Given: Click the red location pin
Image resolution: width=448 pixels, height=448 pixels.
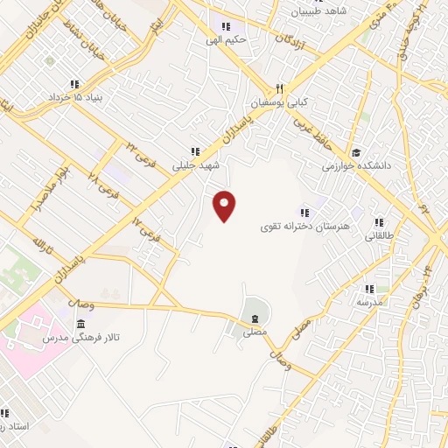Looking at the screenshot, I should click(x=226, y=205).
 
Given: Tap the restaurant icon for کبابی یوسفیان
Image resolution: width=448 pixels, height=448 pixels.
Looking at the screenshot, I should click(x=280, y=87).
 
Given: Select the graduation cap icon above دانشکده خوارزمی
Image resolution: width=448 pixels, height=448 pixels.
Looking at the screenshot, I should click(x=354, y=150).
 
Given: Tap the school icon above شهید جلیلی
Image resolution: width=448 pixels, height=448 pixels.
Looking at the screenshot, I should click(x=195, y=151).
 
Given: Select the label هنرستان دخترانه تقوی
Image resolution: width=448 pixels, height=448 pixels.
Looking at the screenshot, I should click(x=293, y=227).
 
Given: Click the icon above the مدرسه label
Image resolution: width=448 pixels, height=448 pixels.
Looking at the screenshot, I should click(x=368, y=288).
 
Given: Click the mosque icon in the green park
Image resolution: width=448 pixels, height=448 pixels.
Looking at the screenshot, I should click(x=253, y=317).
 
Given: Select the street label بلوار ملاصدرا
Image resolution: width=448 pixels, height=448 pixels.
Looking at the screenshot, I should click(x=49, y=185).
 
